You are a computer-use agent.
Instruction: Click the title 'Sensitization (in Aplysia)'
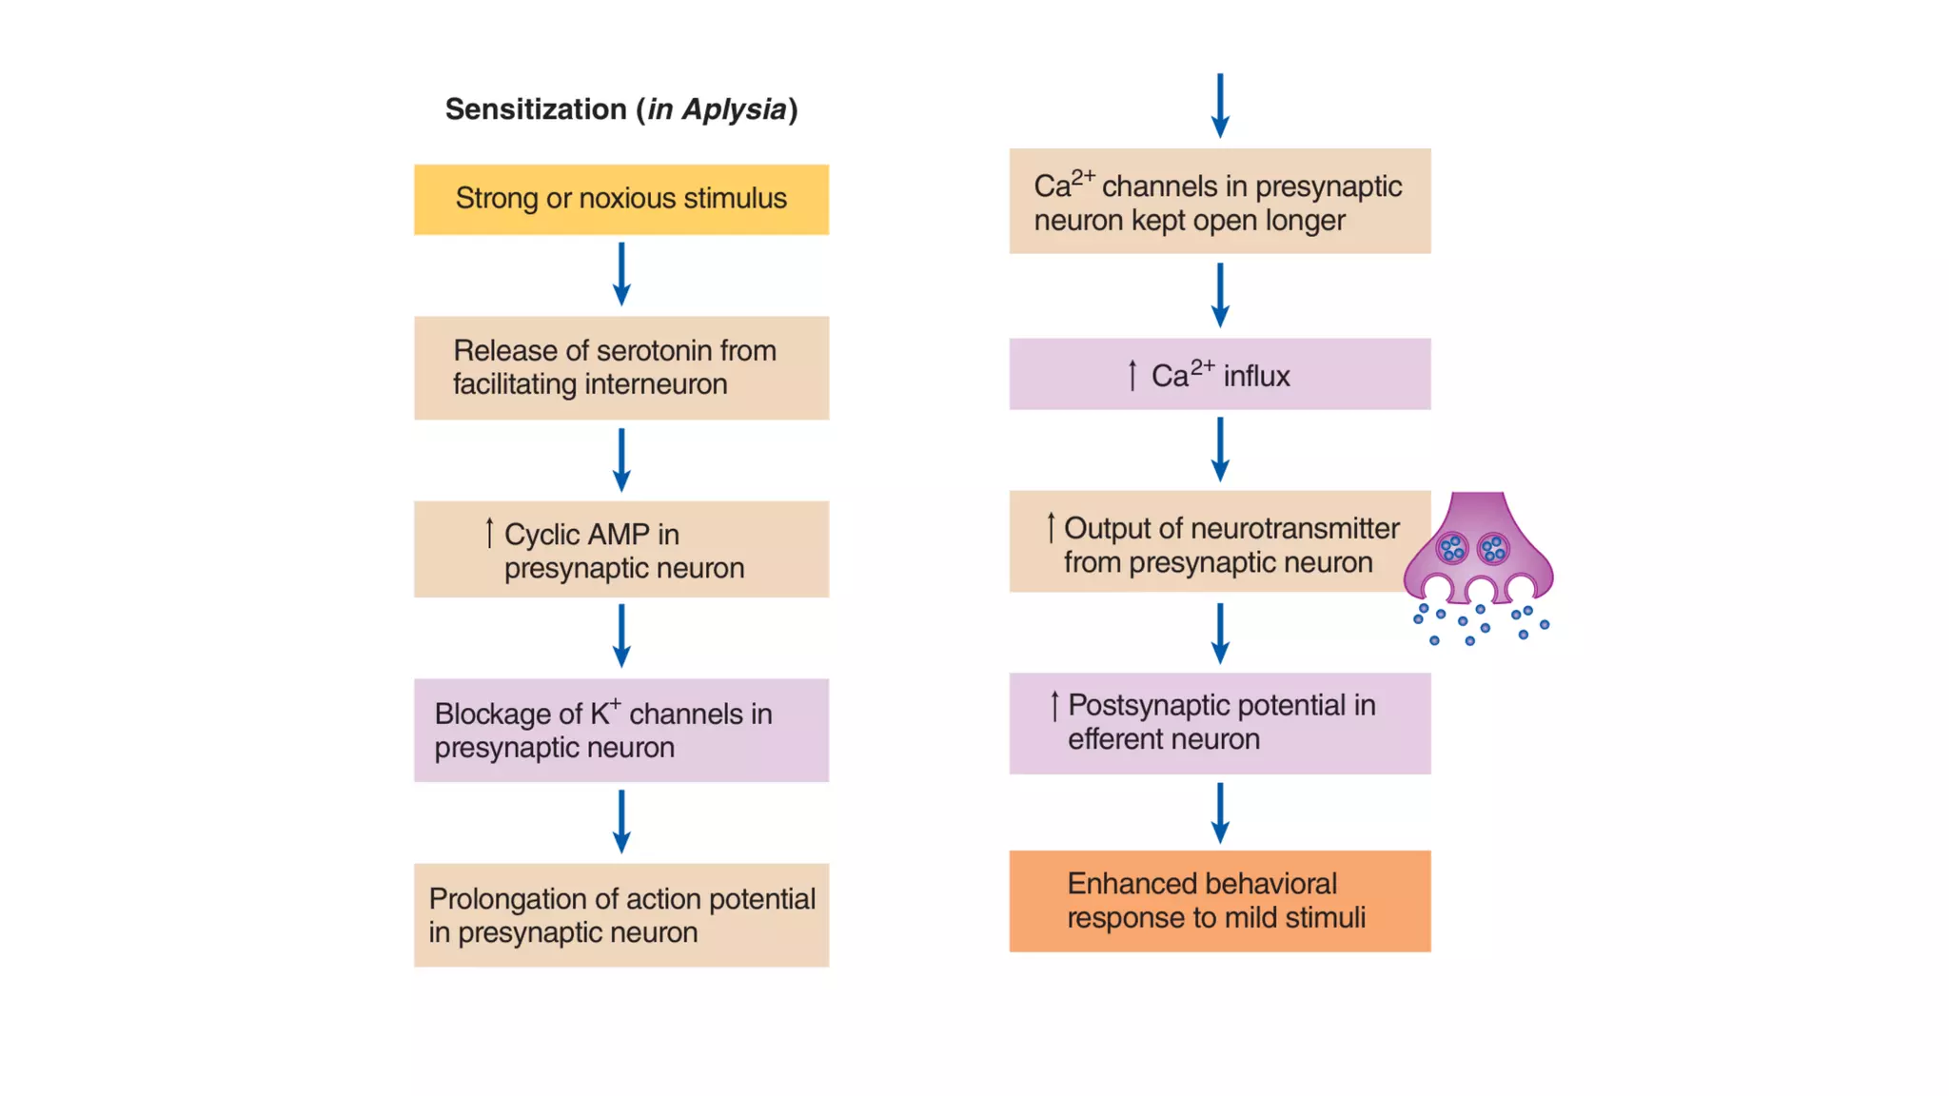click(620, 109)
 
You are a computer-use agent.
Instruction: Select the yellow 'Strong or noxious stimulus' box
click(620, 199)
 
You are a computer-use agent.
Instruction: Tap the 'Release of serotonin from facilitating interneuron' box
click(620, 367)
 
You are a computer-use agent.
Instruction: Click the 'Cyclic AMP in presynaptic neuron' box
click(620, 549)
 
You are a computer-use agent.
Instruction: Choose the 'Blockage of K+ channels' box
click(620, 730)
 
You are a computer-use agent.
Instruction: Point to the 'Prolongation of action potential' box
click(620, 914)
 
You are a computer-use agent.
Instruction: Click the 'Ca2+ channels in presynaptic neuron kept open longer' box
click(1219, 201)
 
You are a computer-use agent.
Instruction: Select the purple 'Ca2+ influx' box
click(1219, 374)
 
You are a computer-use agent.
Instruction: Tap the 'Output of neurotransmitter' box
click(1219, 542)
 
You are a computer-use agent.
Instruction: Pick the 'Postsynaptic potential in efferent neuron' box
click(1219, 723)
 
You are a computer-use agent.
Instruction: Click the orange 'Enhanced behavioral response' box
click(1219, 901)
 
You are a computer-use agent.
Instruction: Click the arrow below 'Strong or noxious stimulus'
click(621, 274)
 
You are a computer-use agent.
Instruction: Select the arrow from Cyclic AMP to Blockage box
click(621, 636)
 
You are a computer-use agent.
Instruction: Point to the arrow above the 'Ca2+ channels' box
click(1220, 106)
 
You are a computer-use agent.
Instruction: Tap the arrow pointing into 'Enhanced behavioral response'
click(1220, 812)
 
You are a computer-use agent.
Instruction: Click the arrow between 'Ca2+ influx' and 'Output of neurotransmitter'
click(1220, 449)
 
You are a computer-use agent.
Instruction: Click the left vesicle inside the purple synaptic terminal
click(1452, 548)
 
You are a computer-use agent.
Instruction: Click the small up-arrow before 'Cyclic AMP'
click(489, 533)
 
